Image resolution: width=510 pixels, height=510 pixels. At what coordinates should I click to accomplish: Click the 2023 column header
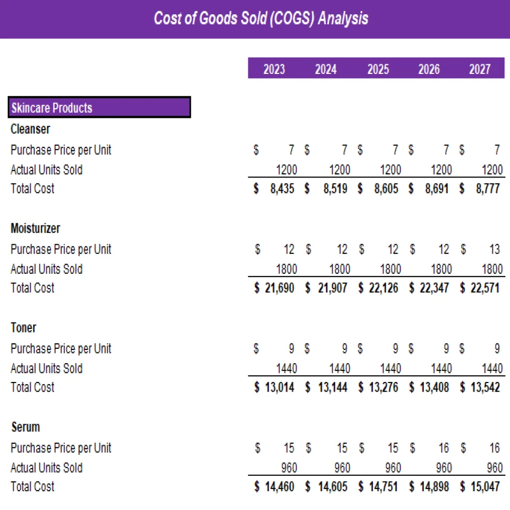[x=274, y=69]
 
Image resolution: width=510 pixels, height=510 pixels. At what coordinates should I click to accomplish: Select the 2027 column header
[x=479, y=69]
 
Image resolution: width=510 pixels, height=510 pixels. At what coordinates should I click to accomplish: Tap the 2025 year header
[x=378, y=69]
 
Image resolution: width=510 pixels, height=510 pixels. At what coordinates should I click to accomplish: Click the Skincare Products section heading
[x=52, y=108]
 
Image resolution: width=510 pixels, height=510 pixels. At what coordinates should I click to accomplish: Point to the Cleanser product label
[x=30, y=129]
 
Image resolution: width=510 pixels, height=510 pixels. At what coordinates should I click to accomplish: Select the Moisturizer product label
[x=35, y=228]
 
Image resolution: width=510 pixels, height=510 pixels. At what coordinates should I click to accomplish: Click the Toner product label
[x=23, y=327]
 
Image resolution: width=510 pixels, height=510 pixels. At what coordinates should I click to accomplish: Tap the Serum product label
[x=25, y=427]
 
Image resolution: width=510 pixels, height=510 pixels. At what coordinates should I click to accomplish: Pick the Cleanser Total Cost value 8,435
[x=282, y=189]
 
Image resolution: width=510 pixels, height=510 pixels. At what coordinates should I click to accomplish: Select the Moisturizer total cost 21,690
[x=279, y=288]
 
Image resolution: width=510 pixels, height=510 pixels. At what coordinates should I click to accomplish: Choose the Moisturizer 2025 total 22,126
[x=383, y=288]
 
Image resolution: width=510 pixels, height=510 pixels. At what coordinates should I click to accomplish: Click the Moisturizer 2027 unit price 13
[x=494, y=249]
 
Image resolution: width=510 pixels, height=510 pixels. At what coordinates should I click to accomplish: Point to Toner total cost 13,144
[x=332, y=388]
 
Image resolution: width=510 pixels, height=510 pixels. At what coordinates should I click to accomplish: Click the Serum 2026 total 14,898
[x=434, y=487]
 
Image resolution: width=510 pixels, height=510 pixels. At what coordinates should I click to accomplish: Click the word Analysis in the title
[x=343, y=19]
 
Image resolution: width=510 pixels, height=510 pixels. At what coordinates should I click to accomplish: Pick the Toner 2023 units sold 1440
[x=286, y=368]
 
